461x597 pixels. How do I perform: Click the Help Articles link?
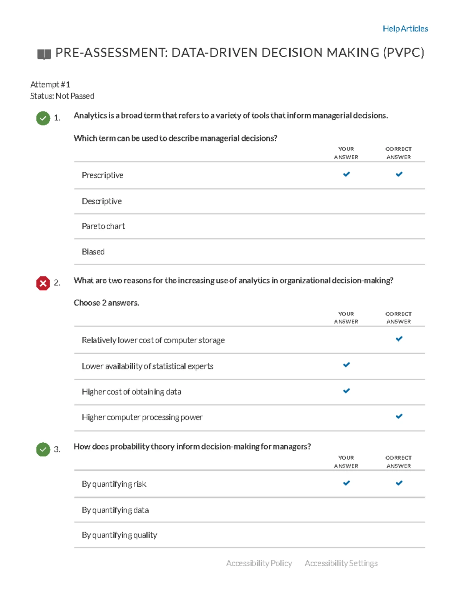405,29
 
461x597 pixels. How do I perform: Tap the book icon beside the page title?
44,54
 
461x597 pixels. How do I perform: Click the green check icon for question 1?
43,118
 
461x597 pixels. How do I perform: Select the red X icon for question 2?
43,283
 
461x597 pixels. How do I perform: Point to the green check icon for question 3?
43,449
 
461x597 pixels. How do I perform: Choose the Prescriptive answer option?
103,175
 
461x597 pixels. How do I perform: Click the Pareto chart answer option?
103,226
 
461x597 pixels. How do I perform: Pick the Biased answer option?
93,252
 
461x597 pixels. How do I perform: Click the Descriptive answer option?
102,201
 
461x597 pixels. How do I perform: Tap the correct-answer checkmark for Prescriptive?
399,174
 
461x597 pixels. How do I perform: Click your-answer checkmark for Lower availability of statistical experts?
346,364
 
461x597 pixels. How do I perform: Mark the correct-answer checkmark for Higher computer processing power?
399,416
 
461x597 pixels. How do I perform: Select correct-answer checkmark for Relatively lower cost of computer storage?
399,339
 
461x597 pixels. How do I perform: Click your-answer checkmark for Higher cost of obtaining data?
346,391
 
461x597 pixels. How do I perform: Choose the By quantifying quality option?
119,535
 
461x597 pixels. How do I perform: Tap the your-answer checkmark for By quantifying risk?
346,483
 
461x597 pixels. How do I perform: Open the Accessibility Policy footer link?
259,563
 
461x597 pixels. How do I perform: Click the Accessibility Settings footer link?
341,563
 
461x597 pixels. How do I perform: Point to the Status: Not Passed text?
62,96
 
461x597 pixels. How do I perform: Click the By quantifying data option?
115,510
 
